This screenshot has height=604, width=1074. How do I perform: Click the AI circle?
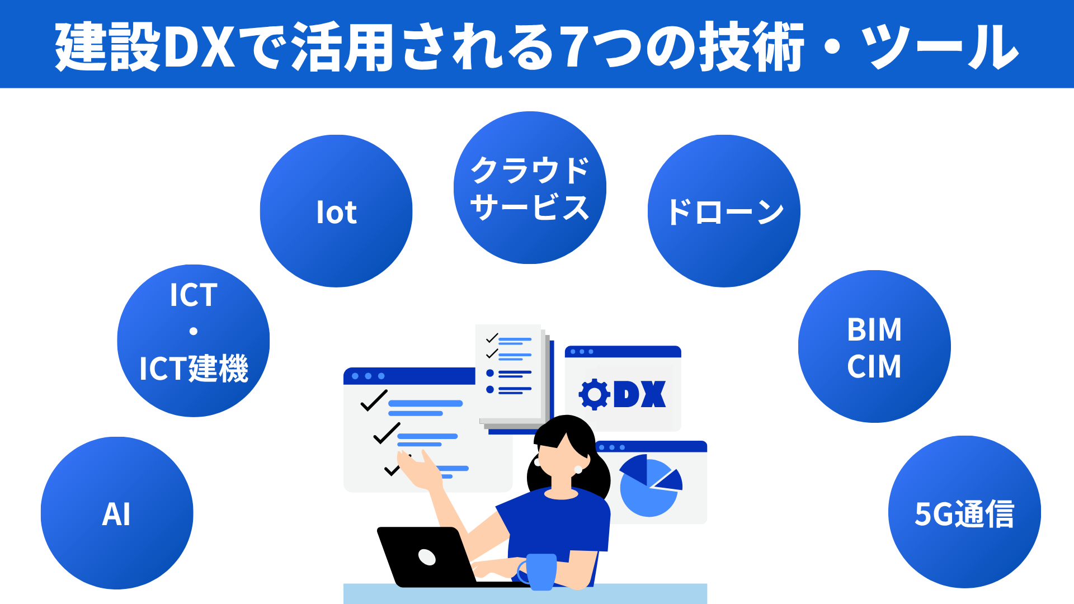(x=117, y=513)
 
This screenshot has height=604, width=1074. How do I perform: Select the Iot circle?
(x=336, y=211)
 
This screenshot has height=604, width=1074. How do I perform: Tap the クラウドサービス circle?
(x=530, y=188)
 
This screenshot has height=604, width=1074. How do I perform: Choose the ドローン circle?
(x=724, y=211)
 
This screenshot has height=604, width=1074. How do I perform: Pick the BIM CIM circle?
(x=874, y=347)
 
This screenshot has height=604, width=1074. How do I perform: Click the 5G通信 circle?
(x=964, y=512)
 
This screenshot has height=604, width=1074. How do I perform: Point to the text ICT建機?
(x=194, y=369)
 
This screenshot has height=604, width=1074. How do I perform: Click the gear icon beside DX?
(x=594, y=394)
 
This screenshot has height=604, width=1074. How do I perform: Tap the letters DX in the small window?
(x=640, y=394)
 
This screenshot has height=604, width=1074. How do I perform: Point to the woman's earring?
(x=578, y=470)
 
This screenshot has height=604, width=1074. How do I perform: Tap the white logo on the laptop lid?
(x=427, y=557)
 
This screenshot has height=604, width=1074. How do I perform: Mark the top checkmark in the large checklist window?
(x=374, y=400)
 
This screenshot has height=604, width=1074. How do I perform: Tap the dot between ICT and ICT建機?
(x=194, y=331)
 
